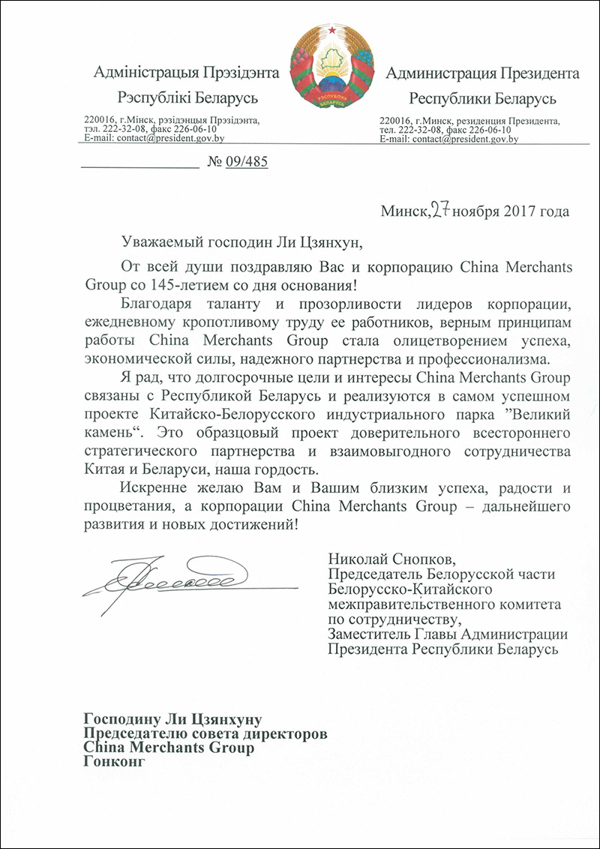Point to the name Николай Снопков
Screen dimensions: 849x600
pyautogui.click(x=392, y=559)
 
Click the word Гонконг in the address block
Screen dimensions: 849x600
pyautogui.click(x=112, y=763)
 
